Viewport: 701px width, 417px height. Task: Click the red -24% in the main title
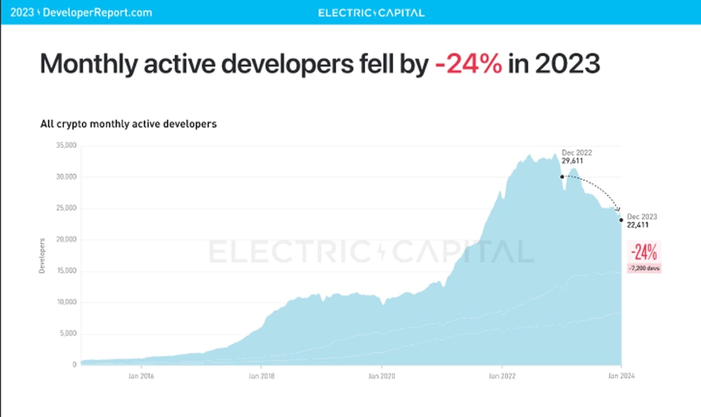point(468,64)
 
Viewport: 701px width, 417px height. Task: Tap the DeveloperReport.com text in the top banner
point(97,13)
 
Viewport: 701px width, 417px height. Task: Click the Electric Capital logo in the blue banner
point(371,13)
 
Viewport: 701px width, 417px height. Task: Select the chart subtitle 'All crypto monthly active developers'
point(129,124)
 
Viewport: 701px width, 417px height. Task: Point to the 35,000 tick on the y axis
point(66,145)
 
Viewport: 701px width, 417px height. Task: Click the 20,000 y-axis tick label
point(66,239)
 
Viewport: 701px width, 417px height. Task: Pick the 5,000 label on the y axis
point(68,333)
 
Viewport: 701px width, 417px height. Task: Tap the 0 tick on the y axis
point(74,364)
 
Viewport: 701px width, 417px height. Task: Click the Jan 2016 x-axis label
point(141,376)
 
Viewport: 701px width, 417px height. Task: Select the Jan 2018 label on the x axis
point(261,376)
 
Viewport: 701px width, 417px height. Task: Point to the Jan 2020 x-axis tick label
point(382,376)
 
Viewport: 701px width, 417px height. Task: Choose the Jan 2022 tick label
point(502,376)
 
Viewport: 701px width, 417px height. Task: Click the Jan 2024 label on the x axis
point(621,376)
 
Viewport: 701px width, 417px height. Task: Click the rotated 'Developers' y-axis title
point(42,255)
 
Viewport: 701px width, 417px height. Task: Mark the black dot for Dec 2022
point(562,177)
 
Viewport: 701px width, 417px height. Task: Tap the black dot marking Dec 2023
point(621,220)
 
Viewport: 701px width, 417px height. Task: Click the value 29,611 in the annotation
point(572,161)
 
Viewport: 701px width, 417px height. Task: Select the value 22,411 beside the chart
point(638,225)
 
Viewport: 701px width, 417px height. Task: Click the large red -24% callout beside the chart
point(644,253)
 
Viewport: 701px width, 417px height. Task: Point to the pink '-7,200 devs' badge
point(644,268)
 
